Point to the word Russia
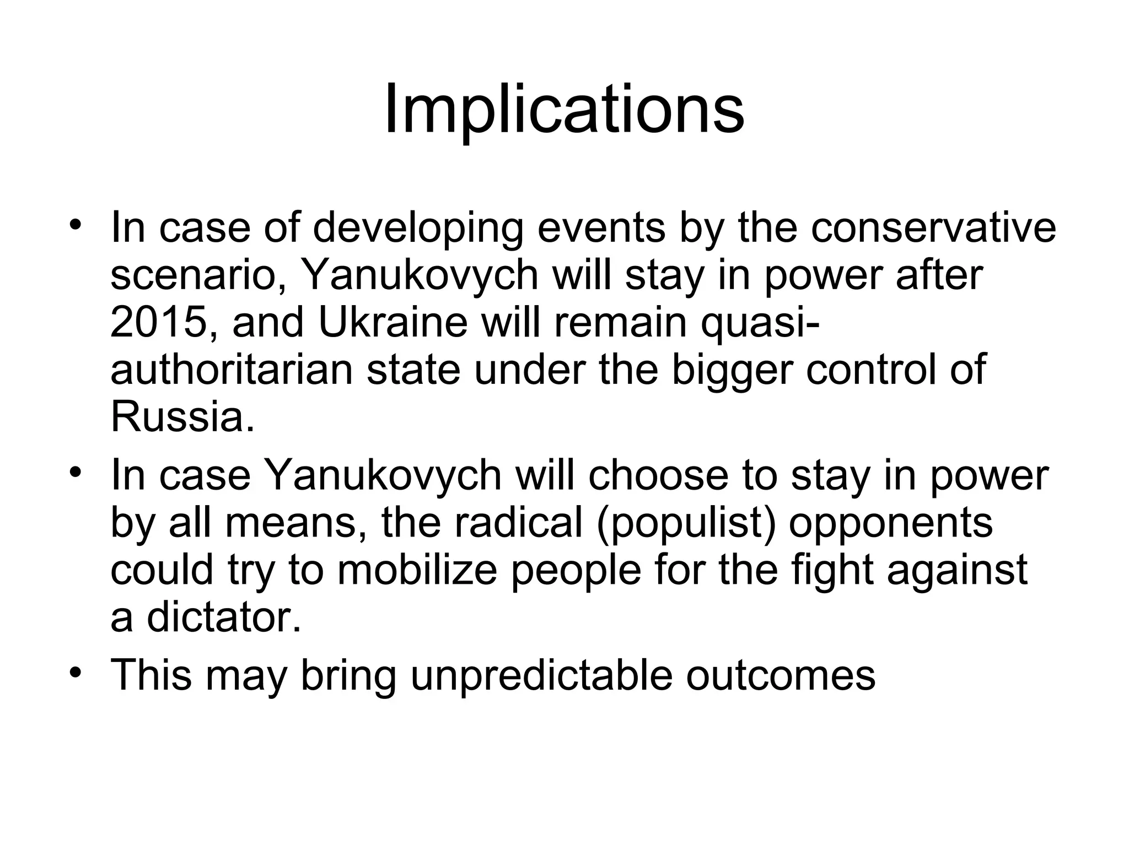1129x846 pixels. pos(182,417)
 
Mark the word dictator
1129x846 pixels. pos(225,617)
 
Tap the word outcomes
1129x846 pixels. pos(781,676)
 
